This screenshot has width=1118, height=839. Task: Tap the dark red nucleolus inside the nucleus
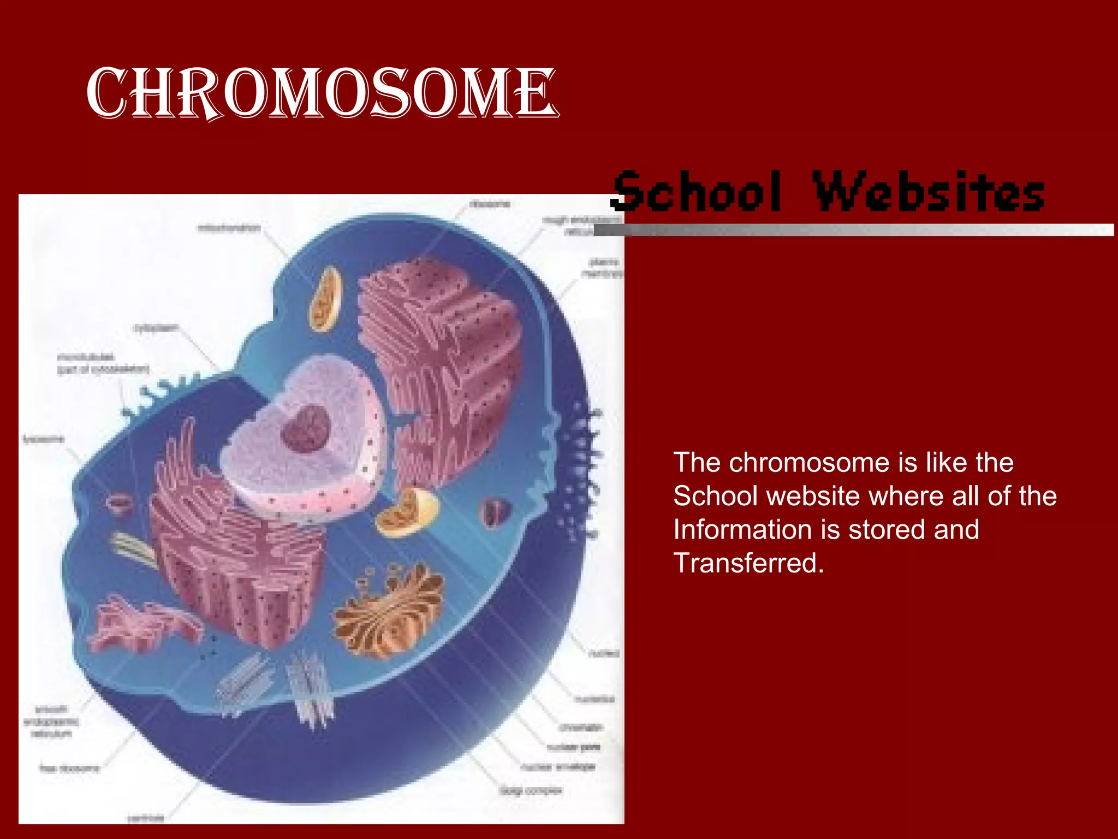(305, 429)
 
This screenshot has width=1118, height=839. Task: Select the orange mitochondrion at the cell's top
(326, 300)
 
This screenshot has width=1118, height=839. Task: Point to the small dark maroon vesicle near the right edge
(496, 513)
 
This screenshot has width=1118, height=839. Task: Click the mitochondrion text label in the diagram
(229, 228)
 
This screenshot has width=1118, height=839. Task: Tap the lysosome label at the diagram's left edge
(43, 439)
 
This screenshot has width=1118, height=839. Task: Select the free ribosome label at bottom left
(69, 769)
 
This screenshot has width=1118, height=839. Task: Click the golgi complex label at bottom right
(530, 790)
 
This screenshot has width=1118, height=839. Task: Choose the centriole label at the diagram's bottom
(145, 818)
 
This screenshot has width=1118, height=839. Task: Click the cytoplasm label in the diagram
(156, 328)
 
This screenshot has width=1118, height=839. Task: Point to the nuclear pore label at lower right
(573, 747)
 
